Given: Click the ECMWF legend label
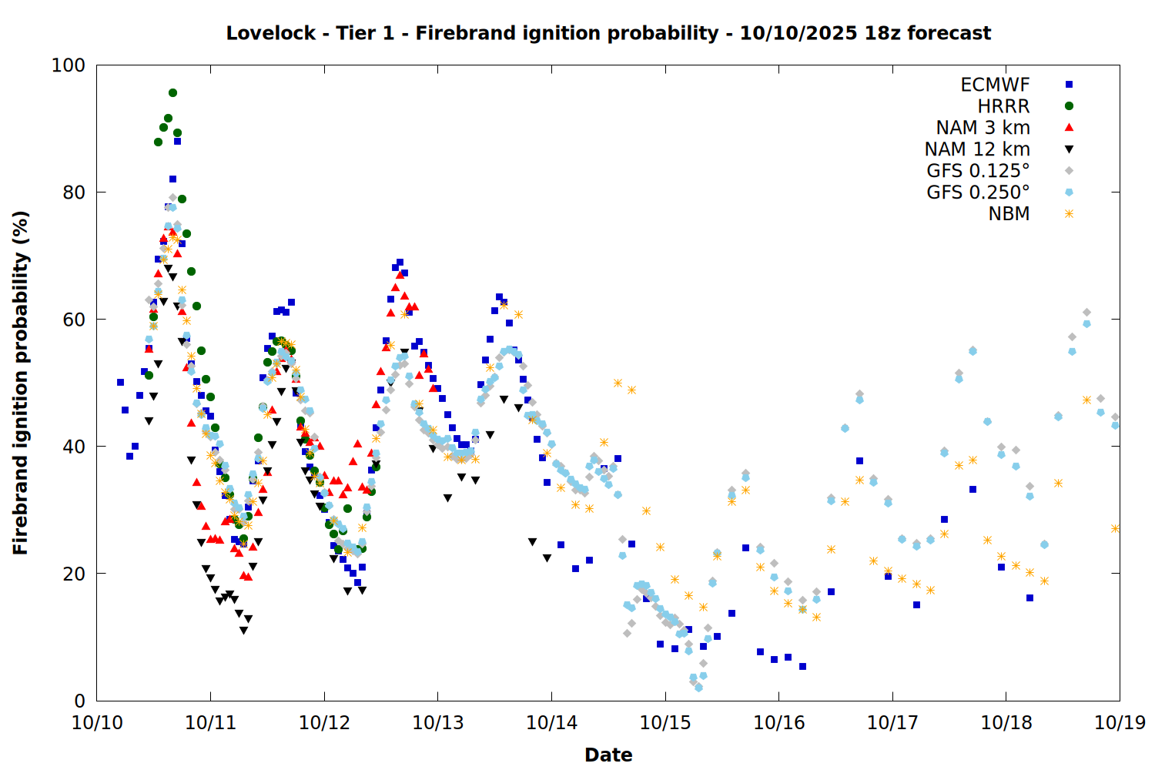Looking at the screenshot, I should pos(995,85).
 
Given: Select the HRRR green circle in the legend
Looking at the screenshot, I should pos(1069,106).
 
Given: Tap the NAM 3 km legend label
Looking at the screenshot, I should pos(983,128).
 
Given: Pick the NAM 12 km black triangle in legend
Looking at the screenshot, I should pos(1069,149).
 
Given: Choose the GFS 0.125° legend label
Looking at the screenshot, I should pos(978,171).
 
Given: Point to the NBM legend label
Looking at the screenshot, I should pos(1009,214).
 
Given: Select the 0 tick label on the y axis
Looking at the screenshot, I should pos(79,701).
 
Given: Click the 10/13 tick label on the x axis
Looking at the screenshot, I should pos(438,723).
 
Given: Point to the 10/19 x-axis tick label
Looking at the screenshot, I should pos(1120,723).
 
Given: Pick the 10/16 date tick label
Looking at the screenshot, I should pos(779,723).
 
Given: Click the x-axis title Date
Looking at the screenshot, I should pos(608,755).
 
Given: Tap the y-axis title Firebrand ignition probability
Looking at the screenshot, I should pos(21,383).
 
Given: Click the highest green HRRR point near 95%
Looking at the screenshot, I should pos(172,92).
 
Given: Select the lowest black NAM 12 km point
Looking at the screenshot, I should pos(243,631).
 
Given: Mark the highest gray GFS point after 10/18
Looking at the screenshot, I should pos(1086,313).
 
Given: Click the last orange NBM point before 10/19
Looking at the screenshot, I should pos(1115,528).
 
